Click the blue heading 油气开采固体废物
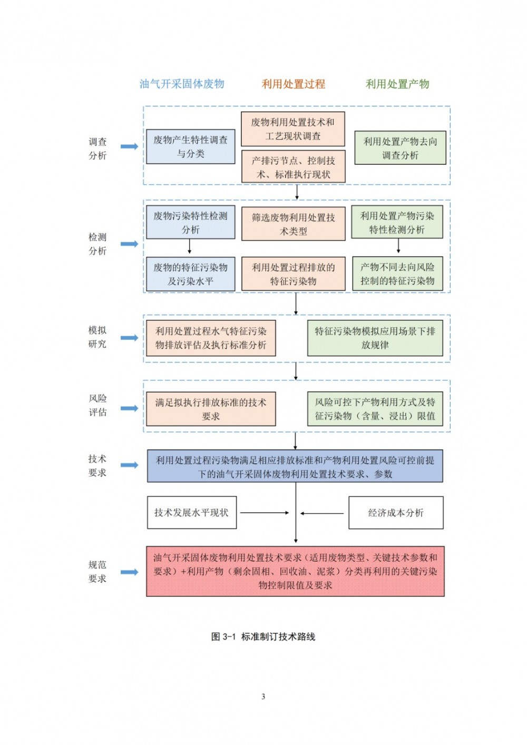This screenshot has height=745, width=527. (x=182, y=84)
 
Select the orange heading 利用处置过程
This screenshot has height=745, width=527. (x=293, y=84)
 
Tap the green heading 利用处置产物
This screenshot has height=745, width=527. (x=397, y=84)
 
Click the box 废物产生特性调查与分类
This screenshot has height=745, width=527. (x=191, y=146)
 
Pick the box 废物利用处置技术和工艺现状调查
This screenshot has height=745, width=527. (x=293, y=129)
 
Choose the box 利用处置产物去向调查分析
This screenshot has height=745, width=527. (x=400, y=148)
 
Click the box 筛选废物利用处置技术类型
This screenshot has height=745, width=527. (x=294, y=223)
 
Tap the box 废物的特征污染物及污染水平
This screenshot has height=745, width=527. (x=191, y=274)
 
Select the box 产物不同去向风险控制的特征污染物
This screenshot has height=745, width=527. (x=397, y=273)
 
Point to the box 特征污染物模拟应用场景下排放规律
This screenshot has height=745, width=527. (x=375, y=338)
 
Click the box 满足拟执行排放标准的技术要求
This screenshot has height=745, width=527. (x=211, y=409)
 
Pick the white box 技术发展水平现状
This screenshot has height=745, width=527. (x=192, y=513)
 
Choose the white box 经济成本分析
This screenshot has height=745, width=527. (x=396, y=513)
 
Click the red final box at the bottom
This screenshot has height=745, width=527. (x=296, y=571)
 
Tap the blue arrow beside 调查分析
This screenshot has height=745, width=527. (x=130, y=146)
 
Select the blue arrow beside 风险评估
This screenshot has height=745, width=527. (x=130, y=408)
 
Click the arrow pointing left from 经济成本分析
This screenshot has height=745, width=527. (x=322, y=513)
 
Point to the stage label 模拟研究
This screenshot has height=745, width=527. (x=97, y=337)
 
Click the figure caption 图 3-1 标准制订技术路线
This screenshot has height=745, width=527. (x=263, y=636)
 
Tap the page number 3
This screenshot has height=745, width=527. (x=263, y=697)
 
